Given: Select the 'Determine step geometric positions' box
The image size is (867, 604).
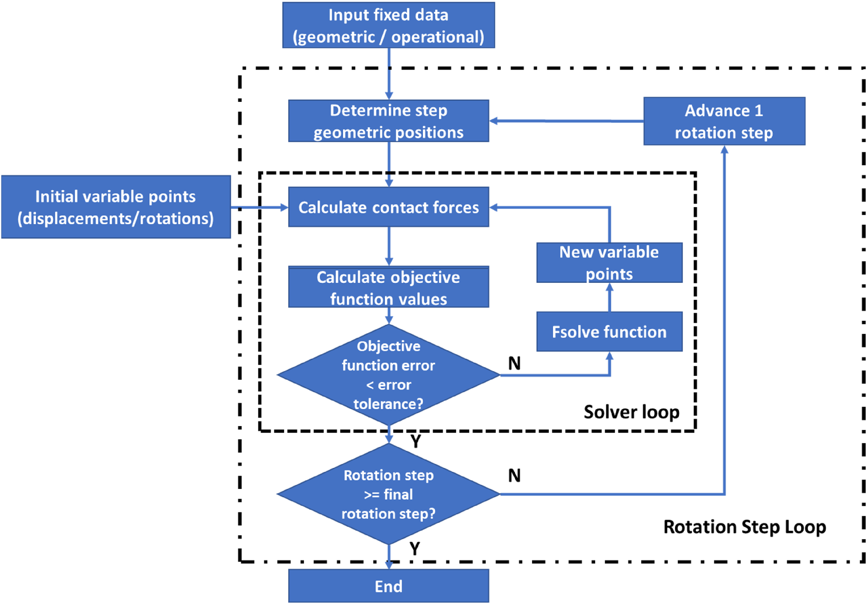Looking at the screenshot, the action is point(389,121).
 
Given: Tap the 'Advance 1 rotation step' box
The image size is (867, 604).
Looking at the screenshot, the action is point(724,121).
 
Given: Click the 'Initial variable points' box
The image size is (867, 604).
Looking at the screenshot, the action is point(116,207).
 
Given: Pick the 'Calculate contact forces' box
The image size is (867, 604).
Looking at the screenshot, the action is point(389,207).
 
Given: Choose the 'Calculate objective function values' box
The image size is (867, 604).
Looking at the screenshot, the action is point(389,287).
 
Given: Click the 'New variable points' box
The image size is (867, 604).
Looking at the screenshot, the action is point(610,263).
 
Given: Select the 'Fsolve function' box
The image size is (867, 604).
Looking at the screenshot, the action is point(610,331).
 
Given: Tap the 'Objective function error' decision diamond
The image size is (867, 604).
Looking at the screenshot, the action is point(389,375).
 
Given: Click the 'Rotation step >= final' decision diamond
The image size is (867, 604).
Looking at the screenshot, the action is point(389,494).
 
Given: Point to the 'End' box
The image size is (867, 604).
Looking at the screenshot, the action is point(389,586).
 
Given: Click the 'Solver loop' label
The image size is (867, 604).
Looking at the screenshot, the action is point(631,412).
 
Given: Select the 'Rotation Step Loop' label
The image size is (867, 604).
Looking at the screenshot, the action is point(745,527).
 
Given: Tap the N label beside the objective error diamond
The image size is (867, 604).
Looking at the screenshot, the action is point(514,363).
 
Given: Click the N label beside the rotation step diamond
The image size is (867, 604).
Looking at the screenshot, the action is point(514,475).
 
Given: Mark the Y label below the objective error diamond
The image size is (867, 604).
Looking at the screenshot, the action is point(416,441).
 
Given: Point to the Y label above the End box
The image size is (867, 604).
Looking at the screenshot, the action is point(415,549).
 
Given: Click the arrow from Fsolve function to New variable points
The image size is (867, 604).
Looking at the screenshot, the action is point(610,297).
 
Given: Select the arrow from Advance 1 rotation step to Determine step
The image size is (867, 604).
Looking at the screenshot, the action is point(566,121).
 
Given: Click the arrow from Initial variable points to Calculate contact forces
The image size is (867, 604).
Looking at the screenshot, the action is point(260,207).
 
